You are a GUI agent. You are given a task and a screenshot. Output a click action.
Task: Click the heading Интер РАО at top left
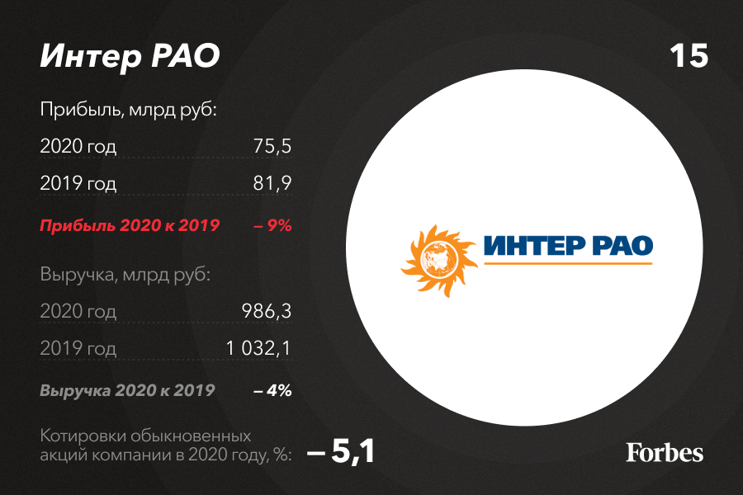[x=130, y=56]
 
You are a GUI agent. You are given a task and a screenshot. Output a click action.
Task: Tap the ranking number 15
[x=689, y=56]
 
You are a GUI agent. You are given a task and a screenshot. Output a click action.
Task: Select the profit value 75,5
[x=272, y=146]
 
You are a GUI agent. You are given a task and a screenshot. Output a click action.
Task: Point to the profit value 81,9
[x=272, y=183]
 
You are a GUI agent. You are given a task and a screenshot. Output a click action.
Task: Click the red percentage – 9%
[x=272, y=225]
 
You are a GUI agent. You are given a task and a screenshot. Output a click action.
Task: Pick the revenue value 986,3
[x=267, y=311]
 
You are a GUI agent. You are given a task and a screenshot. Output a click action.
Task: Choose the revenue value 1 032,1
[x=258, y=348]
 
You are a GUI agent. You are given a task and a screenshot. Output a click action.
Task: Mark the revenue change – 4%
[x=272, y=390]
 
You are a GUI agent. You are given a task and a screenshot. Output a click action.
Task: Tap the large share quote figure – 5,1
[x=341, y=450]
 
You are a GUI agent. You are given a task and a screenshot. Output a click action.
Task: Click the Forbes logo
[x=665, y=452]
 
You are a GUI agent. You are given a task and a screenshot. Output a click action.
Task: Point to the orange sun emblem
[x=439, y=261]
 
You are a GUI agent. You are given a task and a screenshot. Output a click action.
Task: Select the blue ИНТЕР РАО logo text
[x=568, y=245]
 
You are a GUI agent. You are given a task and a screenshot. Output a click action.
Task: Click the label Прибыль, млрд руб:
[x=128, y=110]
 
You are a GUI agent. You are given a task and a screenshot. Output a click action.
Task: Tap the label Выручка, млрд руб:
[x=125, y=275]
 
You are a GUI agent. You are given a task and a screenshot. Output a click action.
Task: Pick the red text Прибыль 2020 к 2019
[x=130, y=225]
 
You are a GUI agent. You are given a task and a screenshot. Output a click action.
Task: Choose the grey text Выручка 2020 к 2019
[x=127, y=390]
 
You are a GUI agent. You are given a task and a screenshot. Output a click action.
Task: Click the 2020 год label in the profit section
[x=78, y=146]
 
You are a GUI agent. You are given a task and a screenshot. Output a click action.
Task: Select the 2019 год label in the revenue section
[x=78, y=349]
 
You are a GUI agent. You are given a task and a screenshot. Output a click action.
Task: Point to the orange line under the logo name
[x=568, y=262]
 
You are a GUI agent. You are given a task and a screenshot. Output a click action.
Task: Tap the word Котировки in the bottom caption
[x=83, y=436]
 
